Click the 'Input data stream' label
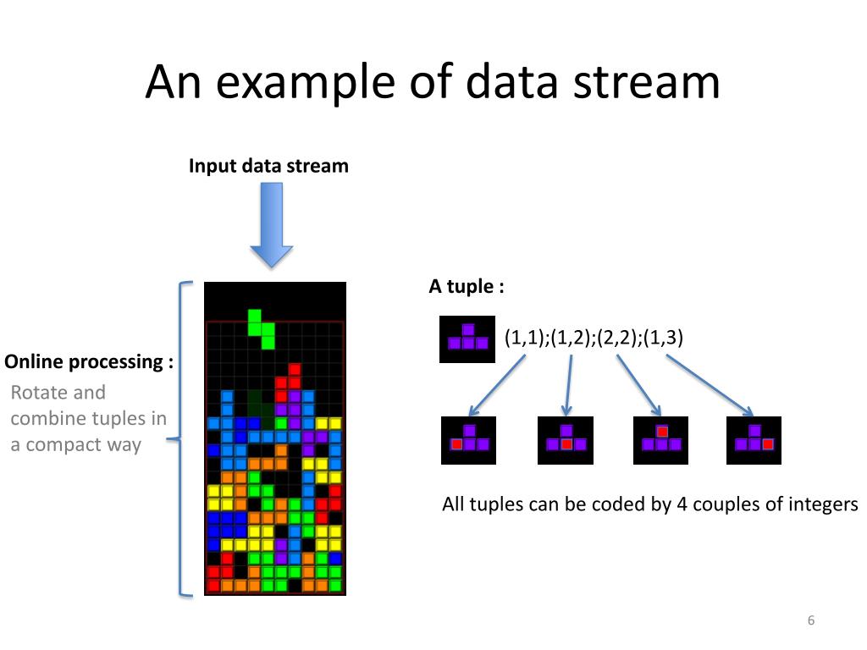[268, 166]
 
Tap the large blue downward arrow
[271, 225]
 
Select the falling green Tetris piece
[262, 328]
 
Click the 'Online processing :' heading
[89, 362]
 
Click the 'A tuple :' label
[467, 286]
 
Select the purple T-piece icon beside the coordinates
[467, 339]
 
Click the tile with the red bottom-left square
[468, 440]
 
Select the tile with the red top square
[660, 440]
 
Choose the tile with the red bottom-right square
[754, 440]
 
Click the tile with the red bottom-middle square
[566, 440]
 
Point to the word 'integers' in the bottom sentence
[821, 505]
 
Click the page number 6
[810, 621]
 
